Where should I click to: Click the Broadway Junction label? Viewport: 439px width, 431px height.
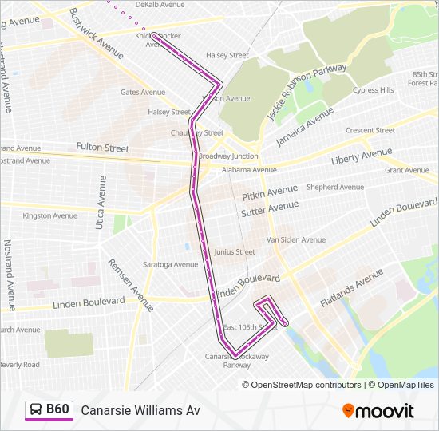tap(228, 156)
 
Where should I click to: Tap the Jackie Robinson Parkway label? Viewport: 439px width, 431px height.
tap(307, 93)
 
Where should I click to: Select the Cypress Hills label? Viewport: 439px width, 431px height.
tap(373, 90)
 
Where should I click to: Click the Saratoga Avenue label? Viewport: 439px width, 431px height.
tap(170, 264)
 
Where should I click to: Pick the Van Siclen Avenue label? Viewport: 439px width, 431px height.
tap(295, 239)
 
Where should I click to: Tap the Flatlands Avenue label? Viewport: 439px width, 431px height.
tap(351, 289)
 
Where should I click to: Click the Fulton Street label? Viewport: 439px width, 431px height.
tap(102, 148)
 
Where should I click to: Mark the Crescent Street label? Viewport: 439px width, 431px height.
tap(370, 130)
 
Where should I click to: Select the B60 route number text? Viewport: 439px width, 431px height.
tap(58, 410)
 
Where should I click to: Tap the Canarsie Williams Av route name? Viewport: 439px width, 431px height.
tap(140, 411)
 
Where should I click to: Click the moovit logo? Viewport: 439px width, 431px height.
tap(378, 411)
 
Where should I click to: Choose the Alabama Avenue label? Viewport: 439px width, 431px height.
tap(249, 170)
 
